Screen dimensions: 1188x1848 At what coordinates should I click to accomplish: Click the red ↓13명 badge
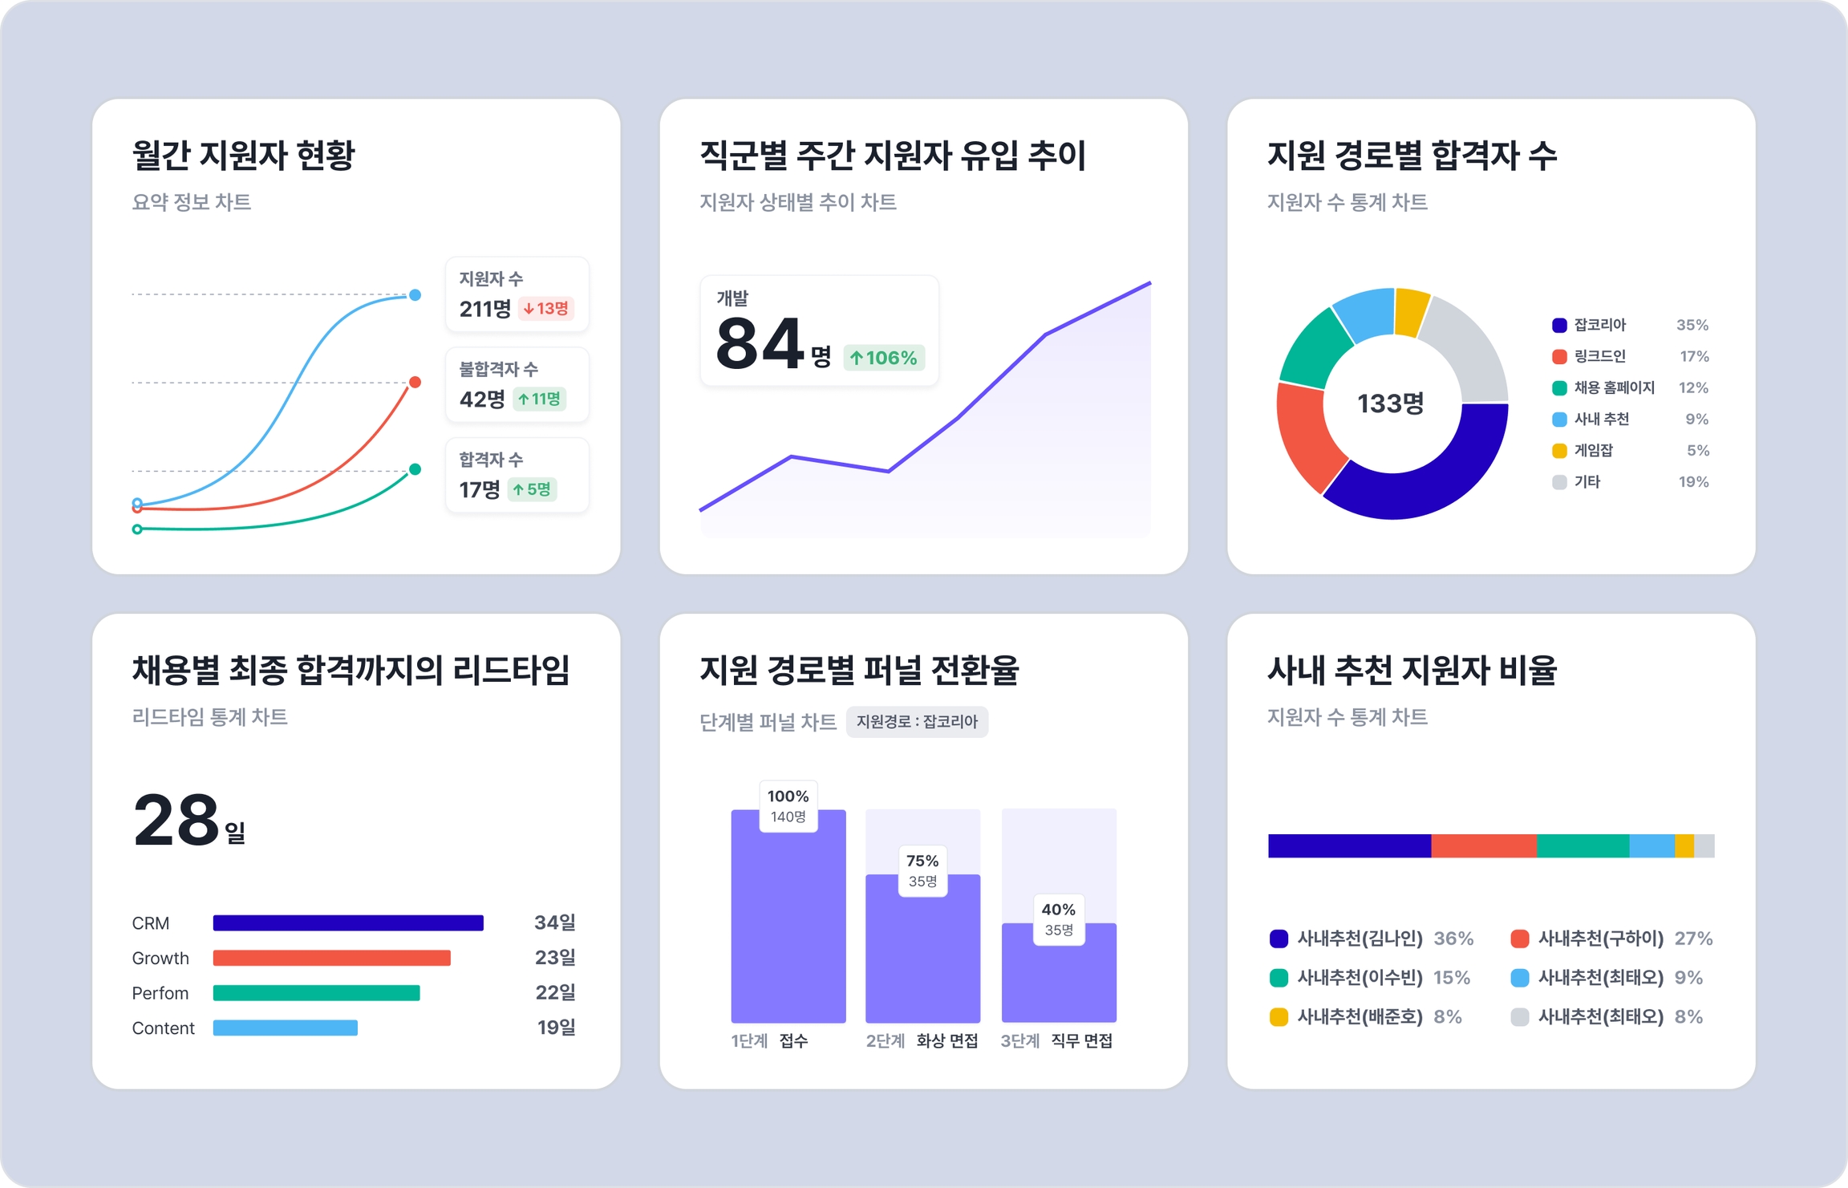click(546, 308)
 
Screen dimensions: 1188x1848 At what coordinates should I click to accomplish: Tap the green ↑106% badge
click(884, 358)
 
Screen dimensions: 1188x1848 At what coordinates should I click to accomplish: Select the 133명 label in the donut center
click(1390, 403)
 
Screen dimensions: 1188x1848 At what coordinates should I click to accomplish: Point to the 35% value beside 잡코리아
click(1692, 325)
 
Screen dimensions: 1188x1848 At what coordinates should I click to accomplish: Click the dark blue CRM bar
click(348, 922)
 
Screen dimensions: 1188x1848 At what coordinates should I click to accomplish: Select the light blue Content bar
click(285, 1028)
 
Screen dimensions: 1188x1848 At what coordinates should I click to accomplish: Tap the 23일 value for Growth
click(555, 958)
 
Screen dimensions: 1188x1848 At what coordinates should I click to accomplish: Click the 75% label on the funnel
click(922, 861)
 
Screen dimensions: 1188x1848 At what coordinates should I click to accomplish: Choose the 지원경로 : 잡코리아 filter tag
click(917, 721)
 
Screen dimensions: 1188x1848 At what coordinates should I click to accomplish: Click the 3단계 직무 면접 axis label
click(1056, 1040)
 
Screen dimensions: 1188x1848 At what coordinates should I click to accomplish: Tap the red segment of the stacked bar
click(1483, 845)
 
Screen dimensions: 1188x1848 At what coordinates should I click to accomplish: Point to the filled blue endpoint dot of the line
click(415, 295)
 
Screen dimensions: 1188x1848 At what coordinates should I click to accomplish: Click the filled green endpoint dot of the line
click(415, 469)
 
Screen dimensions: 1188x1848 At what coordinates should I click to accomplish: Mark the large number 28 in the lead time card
click(176, 820)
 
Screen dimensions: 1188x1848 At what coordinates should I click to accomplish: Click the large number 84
click(760, 344)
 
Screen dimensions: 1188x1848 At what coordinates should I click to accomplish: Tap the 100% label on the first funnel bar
click(788, 797)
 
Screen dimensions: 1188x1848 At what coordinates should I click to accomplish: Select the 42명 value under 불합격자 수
click(482, 399)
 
